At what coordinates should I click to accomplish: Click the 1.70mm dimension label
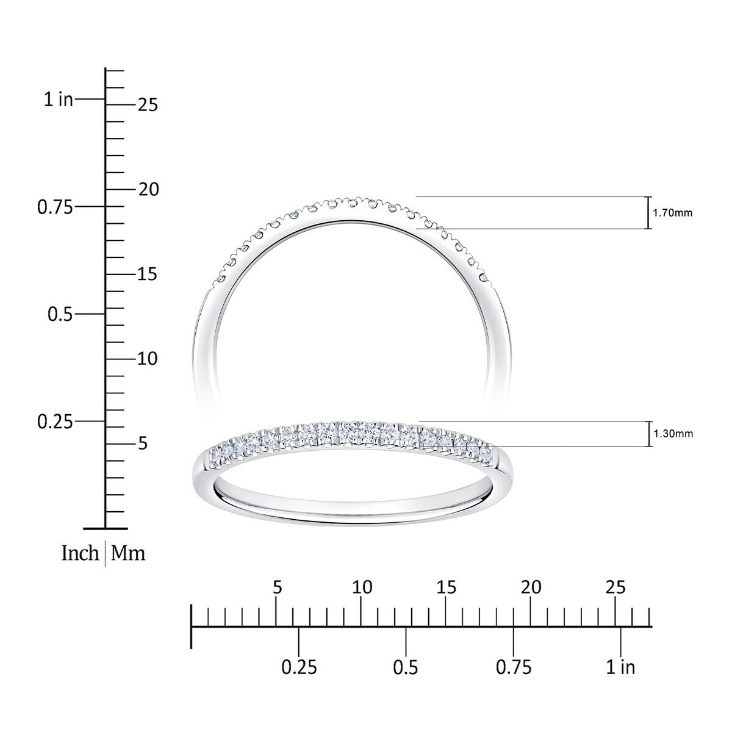672,213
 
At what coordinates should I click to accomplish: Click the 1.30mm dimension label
673,434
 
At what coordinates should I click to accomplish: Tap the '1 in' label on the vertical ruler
58,99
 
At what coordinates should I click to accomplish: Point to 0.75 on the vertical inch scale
55,207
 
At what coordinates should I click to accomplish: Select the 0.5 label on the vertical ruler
60,315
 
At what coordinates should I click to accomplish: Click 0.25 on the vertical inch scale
55,422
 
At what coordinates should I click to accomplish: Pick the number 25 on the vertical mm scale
148,105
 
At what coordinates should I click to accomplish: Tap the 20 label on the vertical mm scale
148,190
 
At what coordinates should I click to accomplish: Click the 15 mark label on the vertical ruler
148,274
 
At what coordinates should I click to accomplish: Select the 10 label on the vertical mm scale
148,359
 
